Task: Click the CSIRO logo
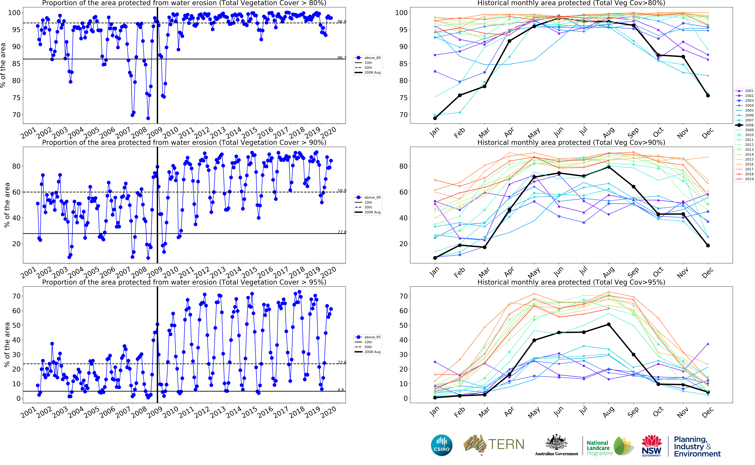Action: [x=442, y=445]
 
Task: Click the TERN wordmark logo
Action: [x=506, y=444]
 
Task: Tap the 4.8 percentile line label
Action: [x=341, y=390]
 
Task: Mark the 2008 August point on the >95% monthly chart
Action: [x=609, y=324]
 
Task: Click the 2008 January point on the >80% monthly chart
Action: [x=435, y=118]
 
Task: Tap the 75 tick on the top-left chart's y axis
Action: [x=16, y=98]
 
